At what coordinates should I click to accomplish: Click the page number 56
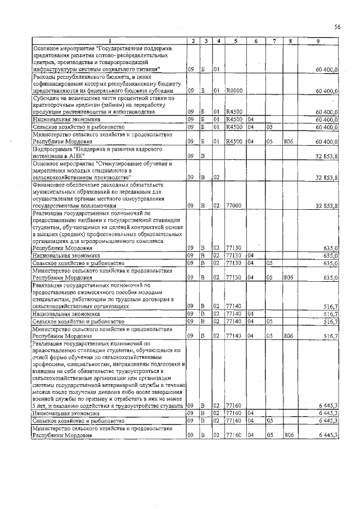tap(337, 26)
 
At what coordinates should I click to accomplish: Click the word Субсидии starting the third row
tap(46, 97)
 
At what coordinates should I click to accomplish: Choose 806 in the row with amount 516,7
tap(289, 335)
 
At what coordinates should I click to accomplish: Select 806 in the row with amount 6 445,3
tap(289, 435)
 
